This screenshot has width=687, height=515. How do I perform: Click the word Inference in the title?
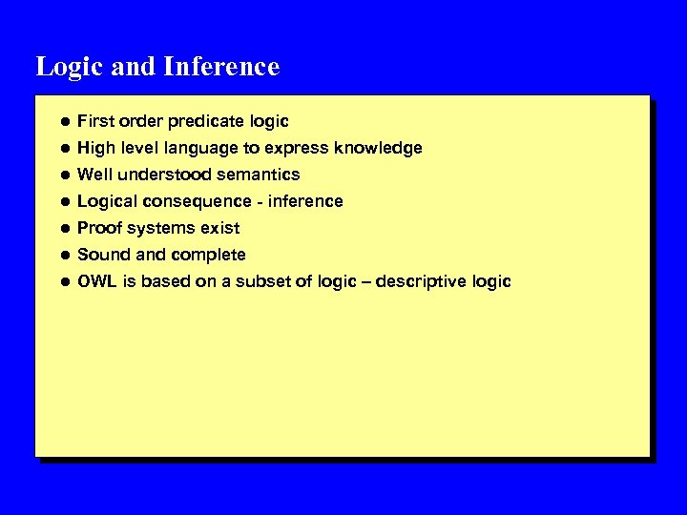click(221, 67)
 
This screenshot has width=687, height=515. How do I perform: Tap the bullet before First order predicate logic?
click(62, 122)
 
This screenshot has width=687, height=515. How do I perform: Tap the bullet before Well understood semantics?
click(62, 175)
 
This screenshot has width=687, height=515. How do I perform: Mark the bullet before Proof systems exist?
click(62, 229)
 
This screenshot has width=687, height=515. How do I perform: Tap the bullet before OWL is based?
click(62, 282)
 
